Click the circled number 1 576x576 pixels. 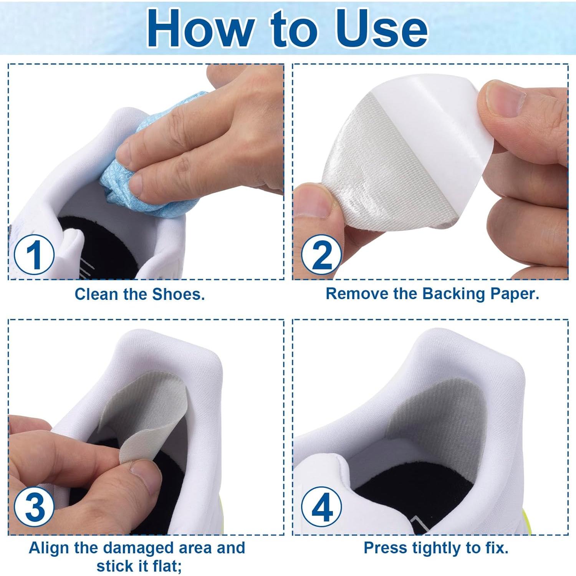34,255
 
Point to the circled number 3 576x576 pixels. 34,507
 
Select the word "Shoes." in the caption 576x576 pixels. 179,294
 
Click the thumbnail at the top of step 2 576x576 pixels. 503,98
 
